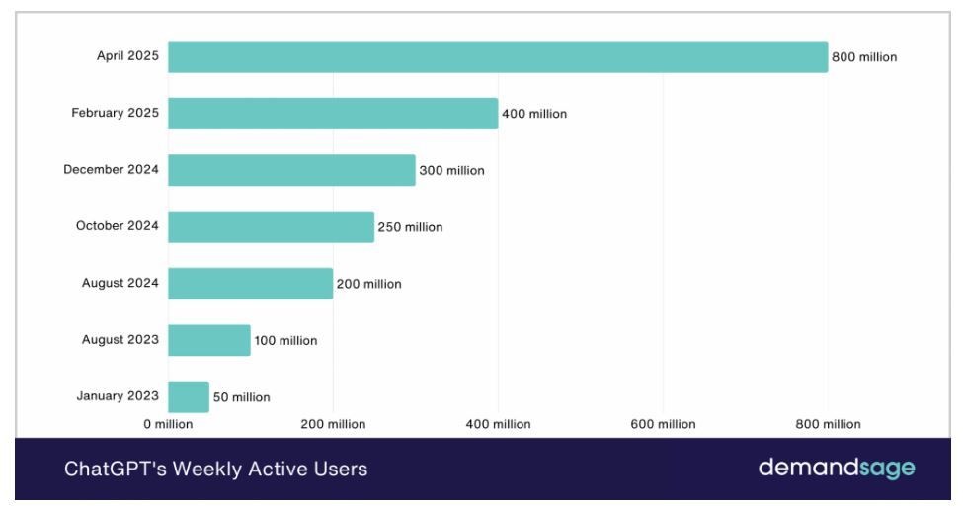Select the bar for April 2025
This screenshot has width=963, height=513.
[498, 57]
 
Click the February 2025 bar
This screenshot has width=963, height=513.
[333, 114]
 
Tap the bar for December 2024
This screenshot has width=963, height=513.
[291, 170]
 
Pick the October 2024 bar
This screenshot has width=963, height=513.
[271, 226]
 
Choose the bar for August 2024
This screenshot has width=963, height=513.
[251, 284]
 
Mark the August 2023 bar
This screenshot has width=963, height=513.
[209, 340]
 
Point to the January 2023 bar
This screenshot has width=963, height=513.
[189, 397]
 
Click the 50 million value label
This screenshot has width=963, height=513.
[241, 397]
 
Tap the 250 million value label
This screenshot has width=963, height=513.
[410, 227]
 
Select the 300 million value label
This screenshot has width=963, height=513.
[452, 171]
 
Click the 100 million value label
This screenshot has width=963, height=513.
[285, 341]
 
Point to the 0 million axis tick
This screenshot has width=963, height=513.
[168, 424]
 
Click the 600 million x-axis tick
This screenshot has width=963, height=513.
[664, 424]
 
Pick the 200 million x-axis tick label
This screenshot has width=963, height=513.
[333, 424]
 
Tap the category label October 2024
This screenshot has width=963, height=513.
[118, 226]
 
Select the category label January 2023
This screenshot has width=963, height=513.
[118, 396]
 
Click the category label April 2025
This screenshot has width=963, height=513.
[127, 56]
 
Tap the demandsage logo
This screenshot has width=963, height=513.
[837, 469]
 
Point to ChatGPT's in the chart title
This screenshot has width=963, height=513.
[116, 470]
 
